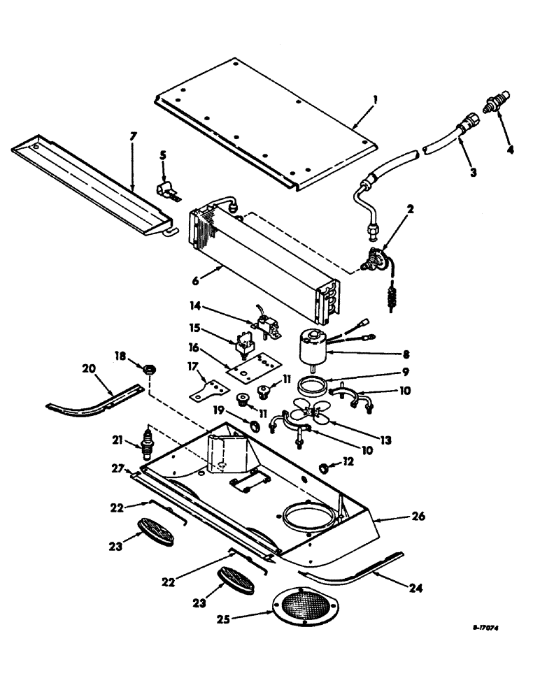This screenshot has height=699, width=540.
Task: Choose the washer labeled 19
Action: [x=254, y=425]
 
